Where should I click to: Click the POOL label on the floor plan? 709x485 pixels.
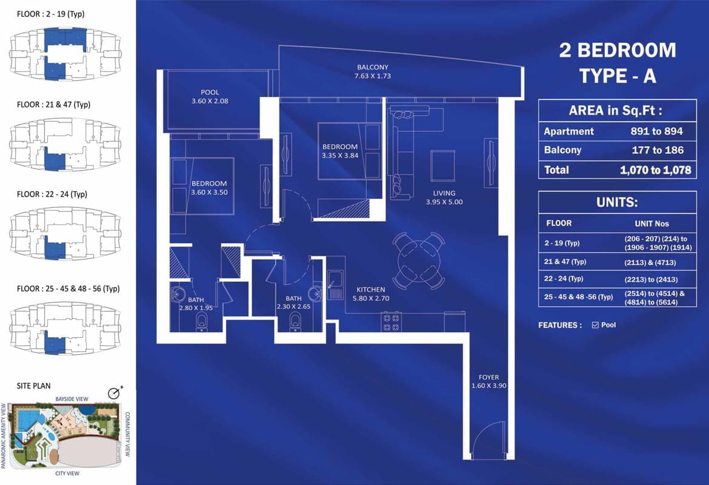pos(210,92)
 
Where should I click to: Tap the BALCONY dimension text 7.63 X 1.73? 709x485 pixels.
pos(373,76)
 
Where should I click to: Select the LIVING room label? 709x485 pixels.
pos(444,193)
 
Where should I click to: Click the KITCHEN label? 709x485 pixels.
pos(371,290)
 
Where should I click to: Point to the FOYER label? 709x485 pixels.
pos(489,377)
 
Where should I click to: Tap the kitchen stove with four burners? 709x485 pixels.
pos(391,322)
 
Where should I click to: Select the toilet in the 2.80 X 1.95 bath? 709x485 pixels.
pos(202,321)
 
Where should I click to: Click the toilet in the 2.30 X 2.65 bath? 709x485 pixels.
pos(295,323)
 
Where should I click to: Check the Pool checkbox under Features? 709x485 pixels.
pos(595,325)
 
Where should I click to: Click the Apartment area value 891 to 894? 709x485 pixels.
pos(656,131)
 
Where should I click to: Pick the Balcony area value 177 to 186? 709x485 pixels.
pos(657,150)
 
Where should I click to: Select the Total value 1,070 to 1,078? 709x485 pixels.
pos(656,170)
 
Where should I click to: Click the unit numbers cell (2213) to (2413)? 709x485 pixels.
pos(651,279)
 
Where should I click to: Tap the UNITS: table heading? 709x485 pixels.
pos(617,202)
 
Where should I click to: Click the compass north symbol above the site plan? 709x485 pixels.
pos(115,393)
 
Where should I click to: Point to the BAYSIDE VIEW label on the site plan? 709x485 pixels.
pos(72,399)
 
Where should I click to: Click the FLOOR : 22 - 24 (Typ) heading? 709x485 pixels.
pos(52,194)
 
